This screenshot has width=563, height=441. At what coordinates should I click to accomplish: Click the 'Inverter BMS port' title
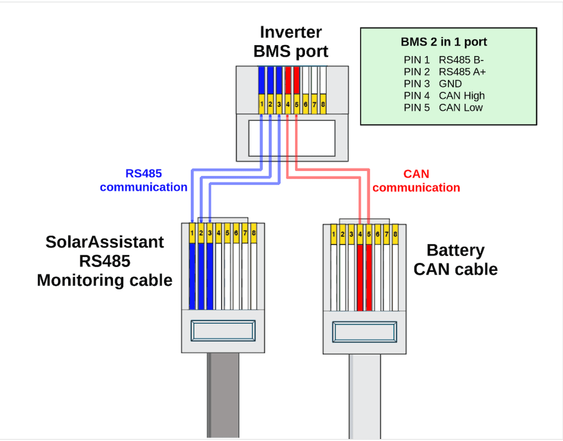(291, 42)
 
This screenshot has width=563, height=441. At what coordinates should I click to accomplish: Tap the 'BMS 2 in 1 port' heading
(444, 42)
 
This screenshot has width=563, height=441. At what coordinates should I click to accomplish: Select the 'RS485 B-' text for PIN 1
(461, 59)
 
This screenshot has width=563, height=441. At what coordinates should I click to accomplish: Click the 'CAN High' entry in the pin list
(462, 95)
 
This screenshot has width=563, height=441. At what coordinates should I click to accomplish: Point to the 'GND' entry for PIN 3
(450, 83)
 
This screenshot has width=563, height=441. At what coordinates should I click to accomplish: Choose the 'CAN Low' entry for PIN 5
(461, 107)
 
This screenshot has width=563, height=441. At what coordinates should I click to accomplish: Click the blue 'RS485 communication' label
(144, 180)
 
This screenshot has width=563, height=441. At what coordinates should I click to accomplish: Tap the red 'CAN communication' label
(416, 180)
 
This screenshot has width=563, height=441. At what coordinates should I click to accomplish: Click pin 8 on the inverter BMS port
(323, 104)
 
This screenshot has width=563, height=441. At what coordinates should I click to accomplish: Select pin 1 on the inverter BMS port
(262, 104)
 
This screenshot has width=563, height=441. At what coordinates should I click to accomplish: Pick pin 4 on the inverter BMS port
(288, 104)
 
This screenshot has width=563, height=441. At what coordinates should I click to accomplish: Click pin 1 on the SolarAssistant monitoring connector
(192, 234)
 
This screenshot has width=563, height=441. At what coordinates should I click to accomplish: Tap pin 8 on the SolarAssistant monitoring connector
(254, 234)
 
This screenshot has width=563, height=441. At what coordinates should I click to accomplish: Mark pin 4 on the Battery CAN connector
(360, 234)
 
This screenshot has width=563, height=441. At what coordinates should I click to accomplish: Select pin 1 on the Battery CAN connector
(334, 234)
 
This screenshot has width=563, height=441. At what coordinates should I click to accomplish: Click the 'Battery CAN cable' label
(456, 260)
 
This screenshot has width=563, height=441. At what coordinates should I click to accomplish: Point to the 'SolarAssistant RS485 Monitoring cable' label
(105, 261)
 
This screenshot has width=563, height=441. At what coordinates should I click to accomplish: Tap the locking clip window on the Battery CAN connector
(365, 332)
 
